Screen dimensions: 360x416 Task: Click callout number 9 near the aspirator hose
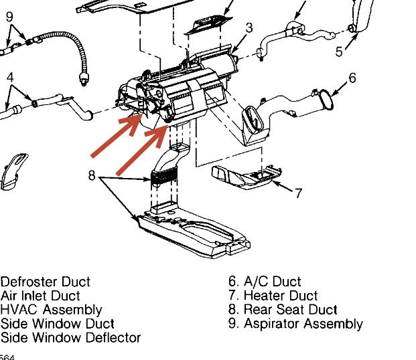point(9,17)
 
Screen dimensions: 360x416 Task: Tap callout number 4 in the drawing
point(9,78)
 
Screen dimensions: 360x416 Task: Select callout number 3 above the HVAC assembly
point(249,28)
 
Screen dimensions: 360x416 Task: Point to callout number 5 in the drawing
point(340,51)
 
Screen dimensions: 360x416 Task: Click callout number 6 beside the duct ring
point(352,78)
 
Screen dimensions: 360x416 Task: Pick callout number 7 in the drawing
point(298,193)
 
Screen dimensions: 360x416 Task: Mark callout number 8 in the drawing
point(92,176)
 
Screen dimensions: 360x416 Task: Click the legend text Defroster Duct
point(45,282)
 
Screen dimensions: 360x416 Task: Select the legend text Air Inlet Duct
point(40,296)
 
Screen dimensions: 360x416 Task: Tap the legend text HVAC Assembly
point(51,310)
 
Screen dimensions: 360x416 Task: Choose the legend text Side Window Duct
point(57,324)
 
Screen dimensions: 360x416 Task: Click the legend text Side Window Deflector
point(70,338)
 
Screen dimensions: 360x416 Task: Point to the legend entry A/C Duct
point(265,282)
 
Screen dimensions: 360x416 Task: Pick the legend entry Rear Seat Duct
point(283,310)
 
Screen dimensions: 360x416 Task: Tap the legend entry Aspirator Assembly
point(295,324)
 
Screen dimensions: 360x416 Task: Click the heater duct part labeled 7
point(241,178)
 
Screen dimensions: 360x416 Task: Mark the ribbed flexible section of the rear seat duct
point(165,177)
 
